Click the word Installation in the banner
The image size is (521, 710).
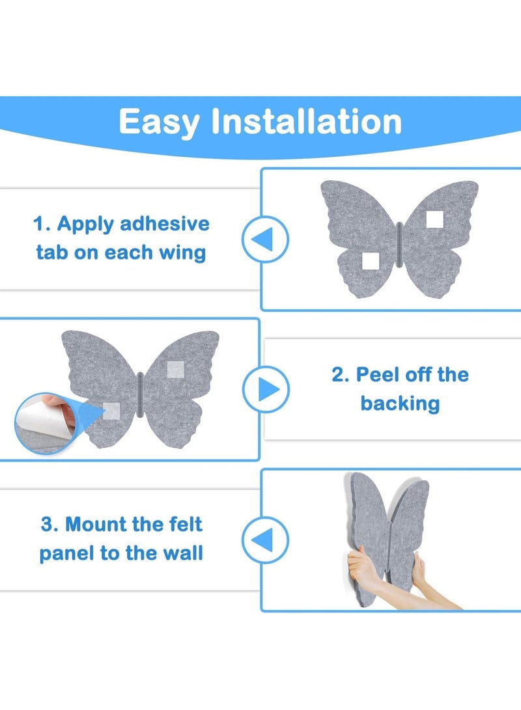[306, 121]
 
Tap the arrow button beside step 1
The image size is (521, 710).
[265, 239]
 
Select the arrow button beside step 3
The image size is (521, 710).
[265, 539]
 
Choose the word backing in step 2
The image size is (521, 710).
[400, 403]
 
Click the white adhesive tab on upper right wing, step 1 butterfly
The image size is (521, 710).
[435, 219]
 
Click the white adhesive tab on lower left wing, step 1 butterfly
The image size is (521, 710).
[371, 261]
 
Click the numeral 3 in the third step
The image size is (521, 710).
[46, 524]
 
